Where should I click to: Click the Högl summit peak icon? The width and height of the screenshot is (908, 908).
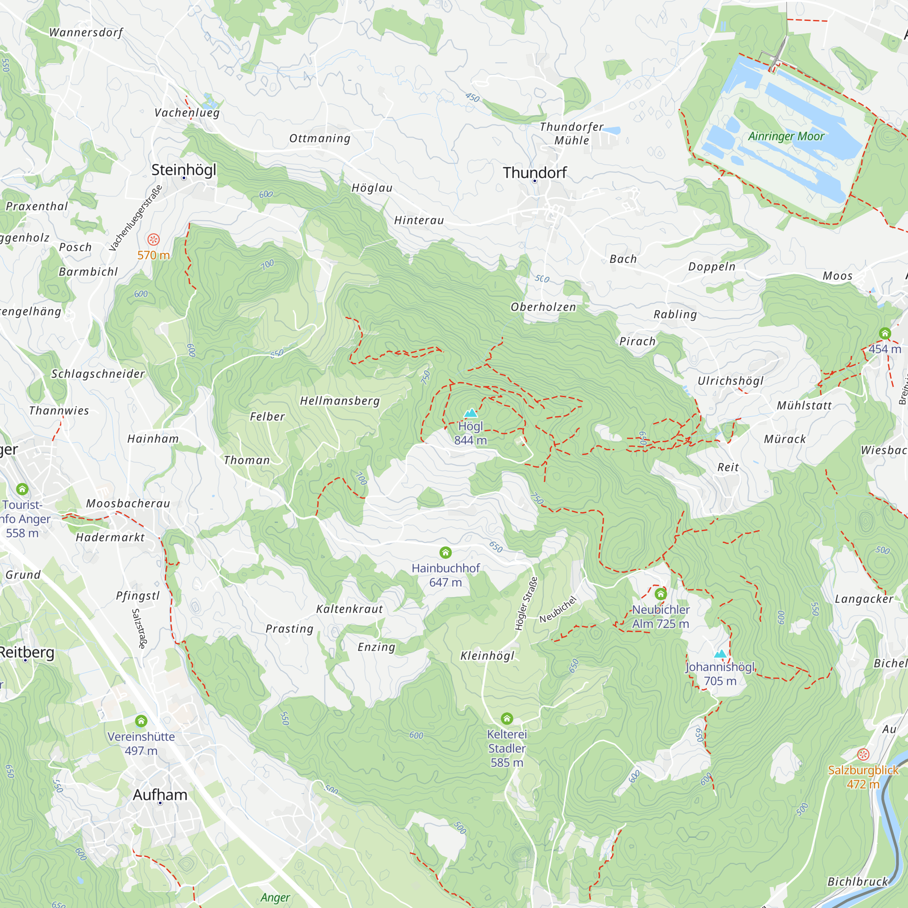coord(470,413)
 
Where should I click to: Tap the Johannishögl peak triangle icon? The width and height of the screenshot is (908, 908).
coord(720,654)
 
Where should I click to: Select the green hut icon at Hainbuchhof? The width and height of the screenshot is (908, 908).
coord(445,553)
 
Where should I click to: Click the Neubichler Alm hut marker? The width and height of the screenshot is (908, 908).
coord(661,594)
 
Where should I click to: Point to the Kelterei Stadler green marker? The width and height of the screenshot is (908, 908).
coord(507,719)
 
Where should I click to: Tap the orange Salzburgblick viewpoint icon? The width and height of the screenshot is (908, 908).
coord(863,754)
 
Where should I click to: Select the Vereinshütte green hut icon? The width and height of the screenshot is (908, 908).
coord(141,721)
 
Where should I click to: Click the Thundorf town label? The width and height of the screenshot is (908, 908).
coord(535,173)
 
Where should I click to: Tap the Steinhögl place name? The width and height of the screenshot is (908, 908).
coord(184,170)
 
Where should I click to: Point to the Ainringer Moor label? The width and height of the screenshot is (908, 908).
coord(786,136)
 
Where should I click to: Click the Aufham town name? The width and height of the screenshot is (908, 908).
coord(160,795)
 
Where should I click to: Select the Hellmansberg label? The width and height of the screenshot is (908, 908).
coord(340,401)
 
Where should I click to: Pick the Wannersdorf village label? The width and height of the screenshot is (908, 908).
coord(86,32)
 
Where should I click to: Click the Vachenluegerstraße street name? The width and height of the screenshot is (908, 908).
coord(136,218)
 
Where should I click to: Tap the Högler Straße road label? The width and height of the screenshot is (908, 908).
coord(526,603)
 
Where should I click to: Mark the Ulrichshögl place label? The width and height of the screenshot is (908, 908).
coord(730,381)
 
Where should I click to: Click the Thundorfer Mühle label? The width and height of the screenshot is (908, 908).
coord(572,133)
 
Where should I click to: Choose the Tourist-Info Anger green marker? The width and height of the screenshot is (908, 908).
coord(22,489)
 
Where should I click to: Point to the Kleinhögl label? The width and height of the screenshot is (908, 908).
coord(487,656)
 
